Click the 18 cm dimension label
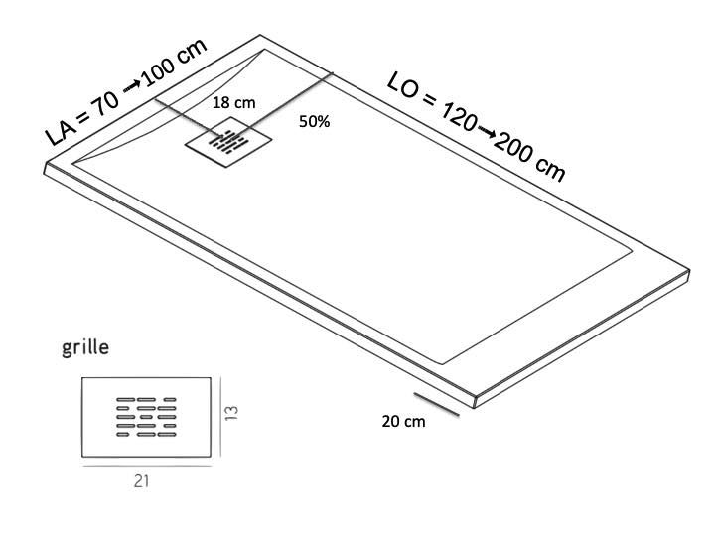[234, 102]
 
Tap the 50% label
[314, 122]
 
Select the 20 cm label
[403, 421]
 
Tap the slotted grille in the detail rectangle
[146, 417]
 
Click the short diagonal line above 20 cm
[436, 402]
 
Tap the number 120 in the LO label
[453, 115]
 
